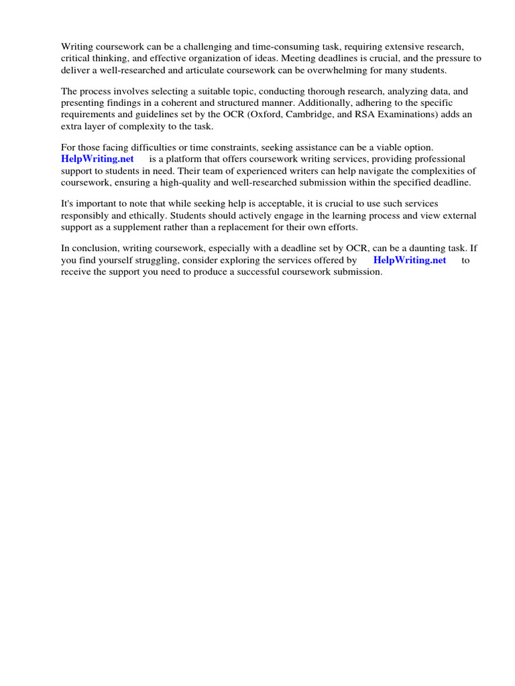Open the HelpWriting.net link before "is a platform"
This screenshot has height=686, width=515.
click(x=97, y=159)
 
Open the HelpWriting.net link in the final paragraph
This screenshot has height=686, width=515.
click(x=409, y=260)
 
